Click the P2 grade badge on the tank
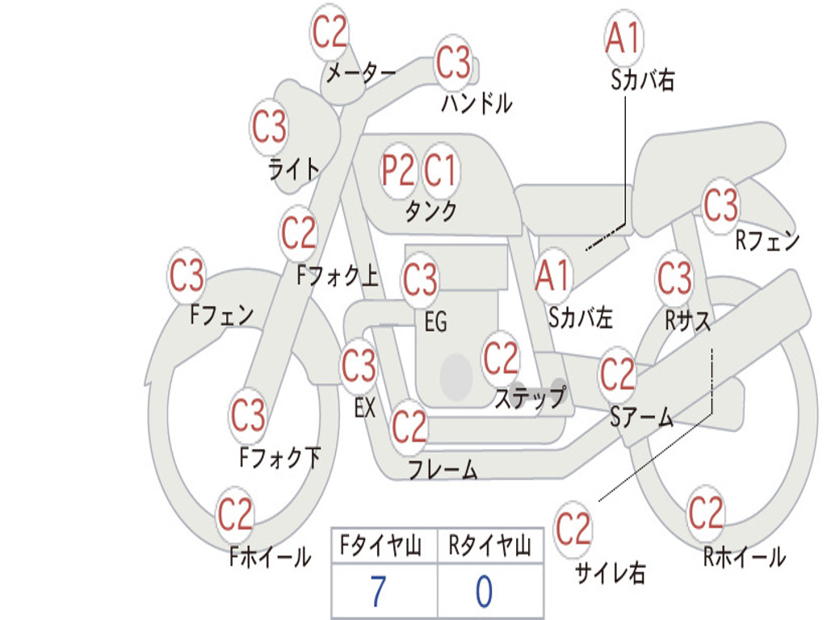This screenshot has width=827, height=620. [398, 171]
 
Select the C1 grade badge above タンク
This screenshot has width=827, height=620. [441, 171]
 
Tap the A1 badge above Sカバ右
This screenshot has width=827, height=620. [623, 38]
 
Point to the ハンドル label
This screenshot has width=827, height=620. [477, 103]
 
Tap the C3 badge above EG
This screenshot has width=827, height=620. [420, 280]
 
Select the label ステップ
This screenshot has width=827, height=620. [530, 398]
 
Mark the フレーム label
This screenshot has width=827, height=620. [443, 469]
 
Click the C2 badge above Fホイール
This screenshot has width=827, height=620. [236, 514]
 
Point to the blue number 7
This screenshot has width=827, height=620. [378, 592]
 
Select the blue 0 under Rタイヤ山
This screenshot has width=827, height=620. [484, 592]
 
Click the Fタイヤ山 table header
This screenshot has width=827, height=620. [381, 547]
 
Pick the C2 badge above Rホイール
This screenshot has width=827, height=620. [706, 513]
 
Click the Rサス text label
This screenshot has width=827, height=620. [688, 320]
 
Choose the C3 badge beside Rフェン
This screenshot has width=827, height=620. [721, 205]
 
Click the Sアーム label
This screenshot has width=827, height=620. [641, 417]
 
